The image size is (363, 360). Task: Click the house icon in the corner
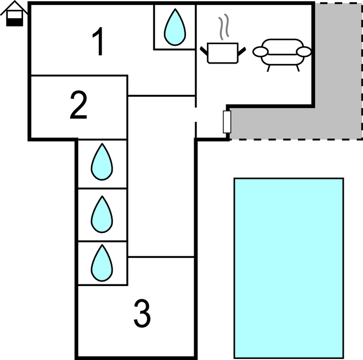[14, 14]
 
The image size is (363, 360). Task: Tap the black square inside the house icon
[14, 21]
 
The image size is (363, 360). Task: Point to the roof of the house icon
[14, 8]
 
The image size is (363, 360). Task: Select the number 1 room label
[98, 43]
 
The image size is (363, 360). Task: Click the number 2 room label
[78, 107]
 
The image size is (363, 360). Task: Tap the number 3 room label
[142, 314]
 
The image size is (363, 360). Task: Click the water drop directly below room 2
[102, 162]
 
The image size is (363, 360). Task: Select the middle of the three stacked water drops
[102, 214]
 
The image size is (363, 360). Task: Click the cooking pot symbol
[222, 52]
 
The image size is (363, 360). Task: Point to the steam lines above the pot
[222, 28]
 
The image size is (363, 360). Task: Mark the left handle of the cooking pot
[205, 51]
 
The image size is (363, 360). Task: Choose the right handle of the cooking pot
[241, 51]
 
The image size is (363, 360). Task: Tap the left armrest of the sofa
[260, 52]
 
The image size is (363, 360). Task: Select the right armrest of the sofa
[304, 52]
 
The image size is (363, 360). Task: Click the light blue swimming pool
[289, 268]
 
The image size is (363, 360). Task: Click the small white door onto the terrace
[226, 121]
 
